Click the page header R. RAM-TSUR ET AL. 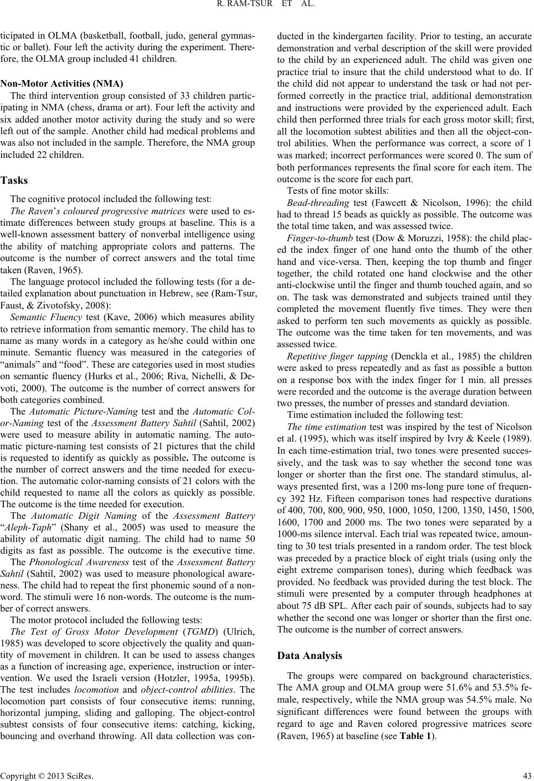tap(266, 7)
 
